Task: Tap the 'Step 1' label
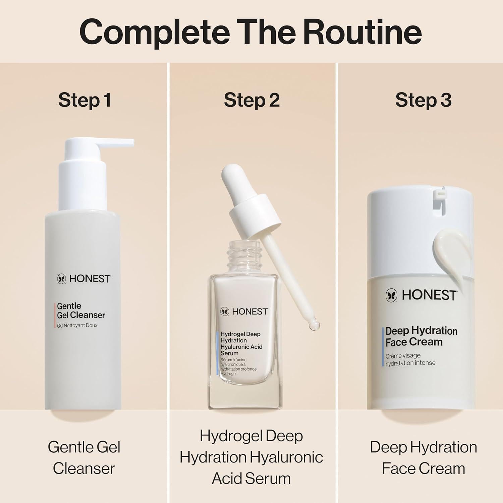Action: coord(85,100)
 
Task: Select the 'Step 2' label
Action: coord(251,100)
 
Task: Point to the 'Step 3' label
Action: coord(423,100)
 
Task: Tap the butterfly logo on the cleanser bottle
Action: coord(61,279)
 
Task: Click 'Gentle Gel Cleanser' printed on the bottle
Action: coord(80,311)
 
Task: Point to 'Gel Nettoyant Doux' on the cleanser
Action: coord(77,326)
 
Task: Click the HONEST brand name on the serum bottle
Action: coord(250,312)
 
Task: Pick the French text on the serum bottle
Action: coord(238,367)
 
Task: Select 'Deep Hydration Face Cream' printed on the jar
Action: coord(421,336)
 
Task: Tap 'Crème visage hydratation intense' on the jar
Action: coord(410,359)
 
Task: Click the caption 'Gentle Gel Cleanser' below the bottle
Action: coord(84,458)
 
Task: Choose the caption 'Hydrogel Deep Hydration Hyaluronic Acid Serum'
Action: coord(251,457)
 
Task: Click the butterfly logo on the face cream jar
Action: coord(391,295)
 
